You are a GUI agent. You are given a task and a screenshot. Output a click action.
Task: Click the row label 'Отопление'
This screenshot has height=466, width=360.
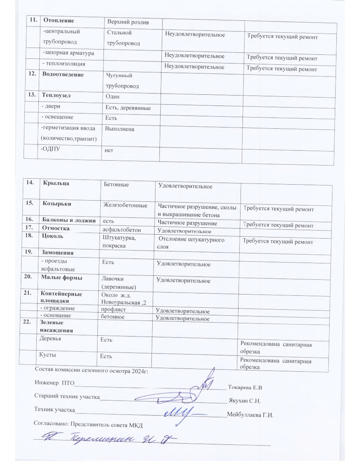click(60, 20)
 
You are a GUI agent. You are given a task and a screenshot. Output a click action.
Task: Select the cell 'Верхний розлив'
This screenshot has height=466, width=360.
click(127, 22)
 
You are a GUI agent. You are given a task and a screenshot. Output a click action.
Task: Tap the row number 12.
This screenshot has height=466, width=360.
click(31, 75)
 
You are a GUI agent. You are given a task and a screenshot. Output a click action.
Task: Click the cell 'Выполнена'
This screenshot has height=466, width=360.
click(120, 129)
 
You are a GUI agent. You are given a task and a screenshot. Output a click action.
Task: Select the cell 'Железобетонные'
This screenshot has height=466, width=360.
click(125, 205)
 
